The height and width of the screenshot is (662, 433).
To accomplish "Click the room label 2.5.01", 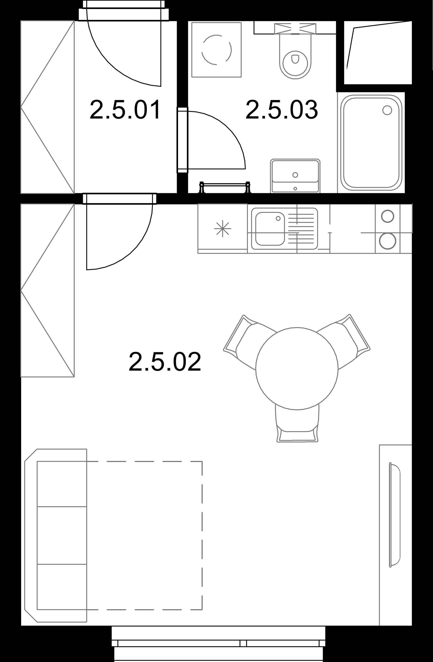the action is pos(125,110).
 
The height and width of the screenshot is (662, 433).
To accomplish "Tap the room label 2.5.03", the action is pos(282,110).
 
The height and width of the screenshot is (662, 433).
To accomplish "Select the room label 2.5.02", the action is pos(165,362).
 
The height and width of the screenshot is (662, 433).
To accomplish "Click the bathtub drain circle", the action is pos(387,110).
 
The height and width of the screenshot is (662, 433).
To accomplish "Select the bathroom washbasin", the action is pos(295,176).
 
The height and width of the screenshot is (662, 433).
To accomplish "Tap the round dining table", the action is pos(297,368).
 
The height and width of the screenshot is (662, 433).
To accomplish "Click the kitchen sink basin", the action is pos(270,229).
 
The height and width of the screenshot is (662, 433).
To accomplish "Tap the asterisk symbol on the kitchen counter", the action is pos(223,229).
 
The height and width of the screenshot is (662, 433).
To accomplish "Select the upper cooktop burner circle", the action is pos(387,216).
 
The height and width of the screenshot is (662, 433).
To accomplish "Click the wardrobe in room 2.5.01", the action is pos(47,107).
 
